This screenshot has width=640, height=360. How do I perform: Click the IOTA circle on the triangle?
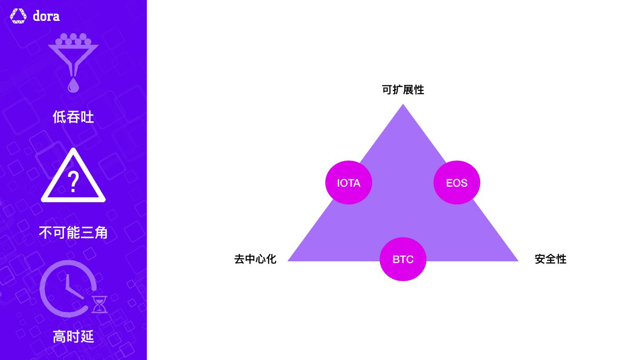tap(348, 183)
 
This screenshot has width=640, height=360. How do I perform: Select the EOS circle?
tap(456, 183)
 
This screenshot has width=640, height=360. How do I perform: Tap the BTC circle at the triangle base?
tap(403, 259)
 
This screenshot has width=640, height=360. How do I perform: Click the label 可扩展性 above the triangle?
tap(403, 90)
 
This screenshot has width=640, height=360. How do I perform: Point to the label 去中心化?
tap(255, 259)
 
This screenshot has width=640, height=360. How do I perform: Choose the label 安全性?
tap(550, 259)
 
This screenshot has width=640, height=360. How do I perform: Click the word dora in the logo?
tap(46, 16)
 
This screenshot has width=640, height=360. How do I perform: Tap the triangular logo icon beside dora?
tap(18, 16)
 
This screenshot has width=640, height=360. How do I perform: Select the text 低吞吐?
tap(73, 117)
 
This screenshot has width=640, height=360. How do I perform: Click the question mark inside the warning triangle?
tap(73, 182)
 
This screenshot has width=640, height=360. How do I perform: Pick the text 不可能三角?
tap(73, 232)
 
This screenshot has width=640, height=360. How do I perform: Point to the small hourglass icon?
tap(100, 304)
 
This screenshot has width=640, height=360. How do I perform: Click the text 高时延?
tap(73, 336)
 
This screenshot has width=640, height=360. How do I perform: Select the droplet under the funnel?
tap(73, 85)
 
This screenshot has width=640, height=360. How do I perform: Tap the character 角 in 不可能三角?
tap(101, 232)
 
